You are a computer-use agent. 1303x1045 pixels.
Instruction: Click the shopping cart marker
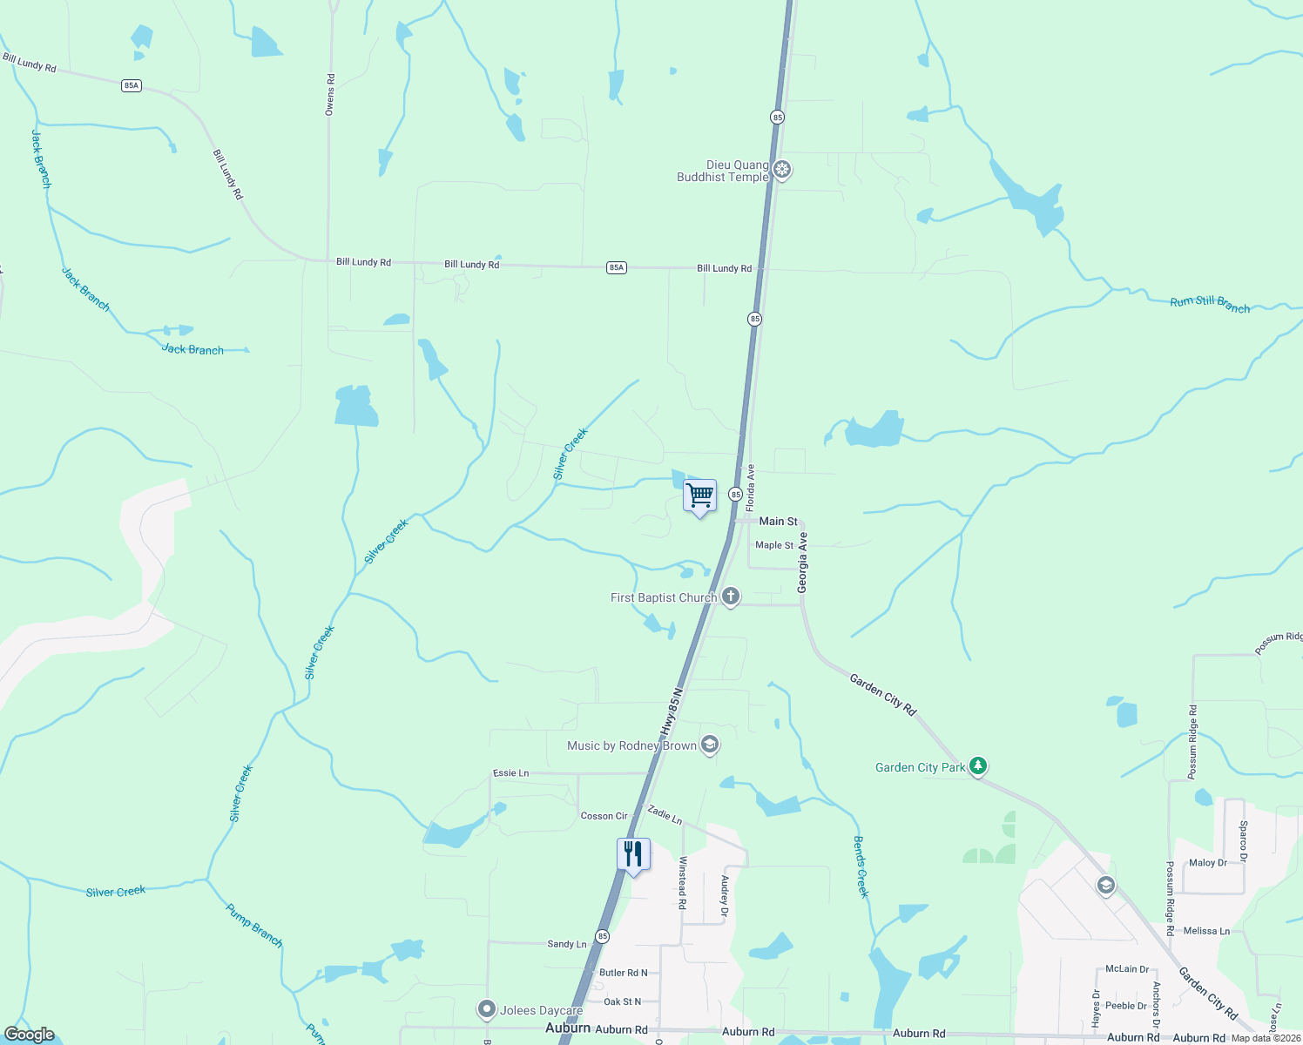tap(700, 496)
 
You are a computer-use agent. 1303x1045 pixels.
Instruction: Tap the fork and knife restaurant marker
tap(633, 854)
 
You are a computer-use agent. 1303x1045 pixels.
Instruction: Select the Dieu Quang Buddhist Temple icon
tap(782, 170)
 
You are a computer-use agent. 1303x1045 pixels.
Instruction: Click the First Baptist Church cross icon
tap(730, 597)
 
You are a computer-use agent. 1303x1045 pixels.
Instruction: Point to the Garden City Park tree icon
tap(978, 766)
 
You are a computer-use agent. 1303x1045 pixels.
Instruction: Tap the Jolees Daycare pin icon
tap(486, 1009)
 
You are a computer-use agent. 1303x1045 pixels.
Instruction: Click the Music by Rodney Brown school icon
tap(710, 745)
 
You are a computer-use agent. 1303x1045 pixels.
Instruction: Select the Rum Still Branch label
tap(1210, 304)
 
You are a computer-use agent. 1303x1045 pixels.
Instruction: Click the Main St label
tap(778, 521)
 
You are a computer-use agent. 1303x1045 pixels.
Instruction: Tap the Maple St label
tap(774, 545)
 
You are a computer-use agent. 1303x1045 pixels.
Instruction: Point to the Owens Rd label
tap(330, 94)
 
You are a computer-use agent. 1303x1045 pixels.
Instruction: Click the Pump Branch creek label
tap(254, 926)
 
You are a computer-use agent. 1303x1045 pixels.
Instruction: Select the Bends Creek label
tap(861, 866)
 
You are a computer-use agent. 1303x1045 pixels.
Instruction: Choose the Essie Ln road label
tap(510, 772)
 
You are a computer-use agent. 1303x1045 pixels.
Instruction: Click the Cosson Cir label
tap(604, 816)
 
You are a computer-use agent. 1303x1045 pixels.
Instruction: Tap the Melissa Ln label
tap(1206, 931)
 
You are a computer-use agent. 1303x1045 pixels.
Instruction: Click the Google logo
tap(30, 1035)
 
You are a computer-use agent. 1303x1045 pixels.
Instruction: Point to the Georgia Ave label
tap(803, 563)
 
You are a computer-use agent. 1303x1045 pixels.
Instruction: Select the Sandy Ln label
tap(566, 944)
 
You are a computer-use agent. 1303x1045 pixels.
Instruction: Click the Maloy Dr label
tap(1207, 863)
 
